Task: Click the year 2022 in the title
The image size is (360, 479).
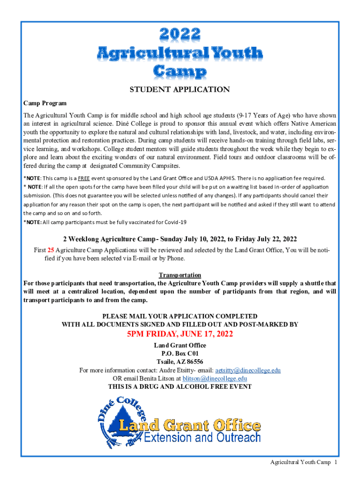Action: point(180,34)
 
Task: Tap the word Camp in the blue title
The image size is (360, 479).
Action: point(180,71)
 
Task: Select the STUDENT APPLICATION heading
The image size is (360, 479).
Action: point(180,89)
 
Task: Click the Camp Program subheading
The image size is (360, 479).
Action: point(45,103)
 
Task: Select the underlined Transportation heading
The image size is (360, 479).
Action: point(180,275)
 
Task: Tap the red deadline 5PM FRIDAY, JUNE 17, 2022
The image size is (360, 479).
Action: point(180,334)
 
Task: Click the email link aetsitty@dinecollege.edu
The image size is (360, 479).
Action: point(248,370)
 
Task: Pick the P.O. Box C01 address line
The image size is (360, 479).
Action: point(180,354)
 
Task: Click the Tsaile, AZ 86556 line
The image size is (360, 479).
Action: point(180,362)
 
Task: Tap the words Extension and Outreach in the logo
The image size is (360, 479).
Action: point(202,438)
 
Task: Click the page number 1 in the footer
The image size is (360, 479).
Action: point(336,463)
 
